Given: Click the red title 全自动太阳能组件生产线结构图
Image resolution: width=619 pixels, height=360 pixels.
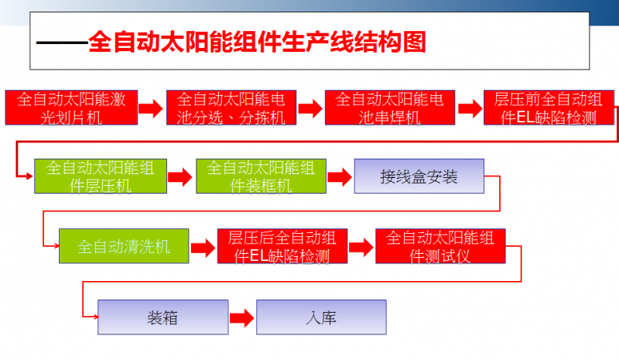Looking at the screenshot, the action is [257, 42].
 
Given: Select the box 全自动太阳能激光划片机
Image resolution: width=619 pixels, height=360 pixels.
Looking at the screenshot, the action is [71, 108].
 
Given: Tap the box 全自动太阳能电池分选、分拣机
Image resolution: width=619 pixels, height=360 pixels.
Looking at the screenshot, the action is [231, 108].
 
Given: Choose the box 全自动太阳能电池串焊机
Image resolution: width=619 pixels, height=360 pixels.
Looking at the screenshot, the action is [390, 108].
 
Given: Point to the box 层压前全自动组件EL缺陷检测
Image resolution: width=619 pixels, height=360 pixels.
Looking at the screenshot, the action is [549, 108].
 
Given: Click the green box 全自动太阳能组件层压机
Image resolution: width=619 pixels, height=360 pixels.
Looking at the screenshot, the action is [101, 177].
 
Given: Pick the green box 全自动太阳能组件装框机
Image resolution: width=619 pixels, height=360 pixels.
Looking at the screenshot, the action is [261, 177].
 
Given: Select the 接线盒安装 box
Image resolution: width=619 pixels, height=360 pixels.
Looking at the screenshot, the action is [419, 177].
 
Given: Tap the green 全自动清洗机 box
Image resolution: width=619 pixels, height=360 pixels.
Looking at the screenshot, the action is [124, 245].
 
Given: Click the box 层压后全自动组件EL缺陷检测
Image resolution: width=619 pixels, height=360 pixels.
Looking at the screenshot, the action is [282, 245].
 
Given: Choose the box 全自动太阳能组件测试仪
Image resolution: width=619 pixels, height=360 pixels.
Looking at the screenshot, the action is [440, 245].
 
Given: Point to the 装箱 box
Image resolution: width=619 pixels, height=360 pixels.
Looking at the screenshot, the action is [163, 317].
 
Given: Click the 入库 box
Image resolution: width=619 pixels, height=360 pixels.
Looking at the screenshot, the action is [321, 317].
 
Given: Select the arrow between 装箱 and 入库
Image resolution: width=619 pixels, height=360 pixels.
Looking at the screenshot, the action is [242, 317].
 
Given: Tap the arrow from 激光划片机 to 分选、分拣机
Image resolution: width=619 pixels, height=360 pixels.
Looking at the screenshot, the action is [151, 108].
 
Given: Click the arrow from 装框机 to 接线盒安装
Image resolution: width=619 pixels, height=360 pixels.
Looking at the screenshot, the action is [340, 177].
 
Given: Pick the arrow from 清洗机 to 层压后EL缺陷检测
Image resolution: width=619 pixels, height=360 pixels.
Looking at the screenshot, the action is [203, 248].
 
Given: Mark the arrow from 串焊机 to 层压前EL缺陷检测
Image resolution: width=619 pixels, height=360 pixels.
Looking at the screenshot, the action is [470, 108].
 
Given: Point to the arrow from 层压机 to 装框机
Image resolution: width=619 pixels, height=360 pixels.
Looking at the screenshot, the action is [180, 177].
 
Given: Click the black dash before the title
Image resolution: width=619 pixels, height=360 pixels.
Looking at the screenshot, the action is [62, 43].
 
